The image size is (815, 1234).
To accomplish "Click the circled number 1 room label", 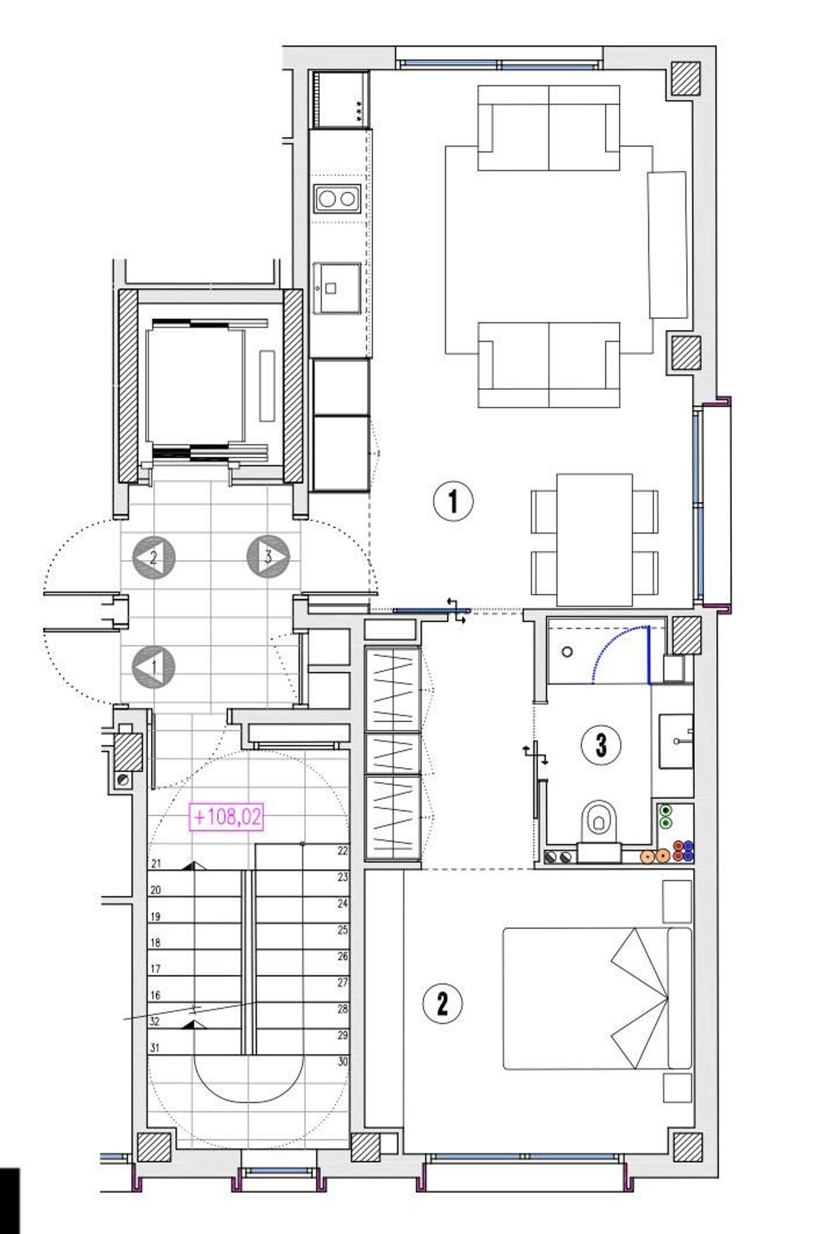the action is coord(453,501).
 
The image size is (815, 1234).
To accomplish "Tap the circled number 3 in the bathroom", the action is coord(601,745).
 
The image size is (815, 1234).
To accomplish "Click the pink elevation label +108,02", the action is coord(227,816).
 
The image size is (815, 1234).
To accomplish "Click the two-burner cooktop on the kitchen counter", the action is coord(337,199).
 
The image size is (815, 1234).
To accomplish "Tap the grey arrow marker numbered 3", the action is coord(268,556).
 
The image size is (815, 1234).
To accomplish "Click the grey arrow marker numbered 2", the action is coord(154,557).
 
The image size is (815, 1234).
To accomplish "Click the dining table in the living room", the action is coord(595,540).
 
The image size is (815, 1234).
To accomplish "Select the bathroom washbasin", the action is coord(676,741).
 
